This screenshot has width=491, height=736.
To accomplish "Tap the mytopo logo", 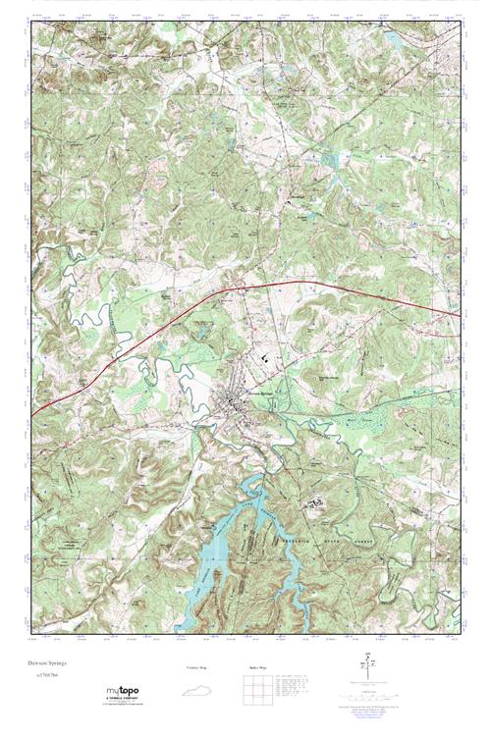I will [122, 692].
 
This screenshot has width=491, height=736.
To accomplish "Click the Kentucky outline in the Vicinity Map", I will [198, 691].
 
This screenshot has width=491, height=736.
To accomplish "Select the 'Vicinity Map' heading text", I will [198, 668].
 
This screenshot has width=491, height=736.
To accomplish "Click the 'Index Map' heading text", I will [253, 668].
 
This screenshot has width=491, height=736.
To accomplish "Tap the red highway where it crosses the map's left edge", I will [33, 414].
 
